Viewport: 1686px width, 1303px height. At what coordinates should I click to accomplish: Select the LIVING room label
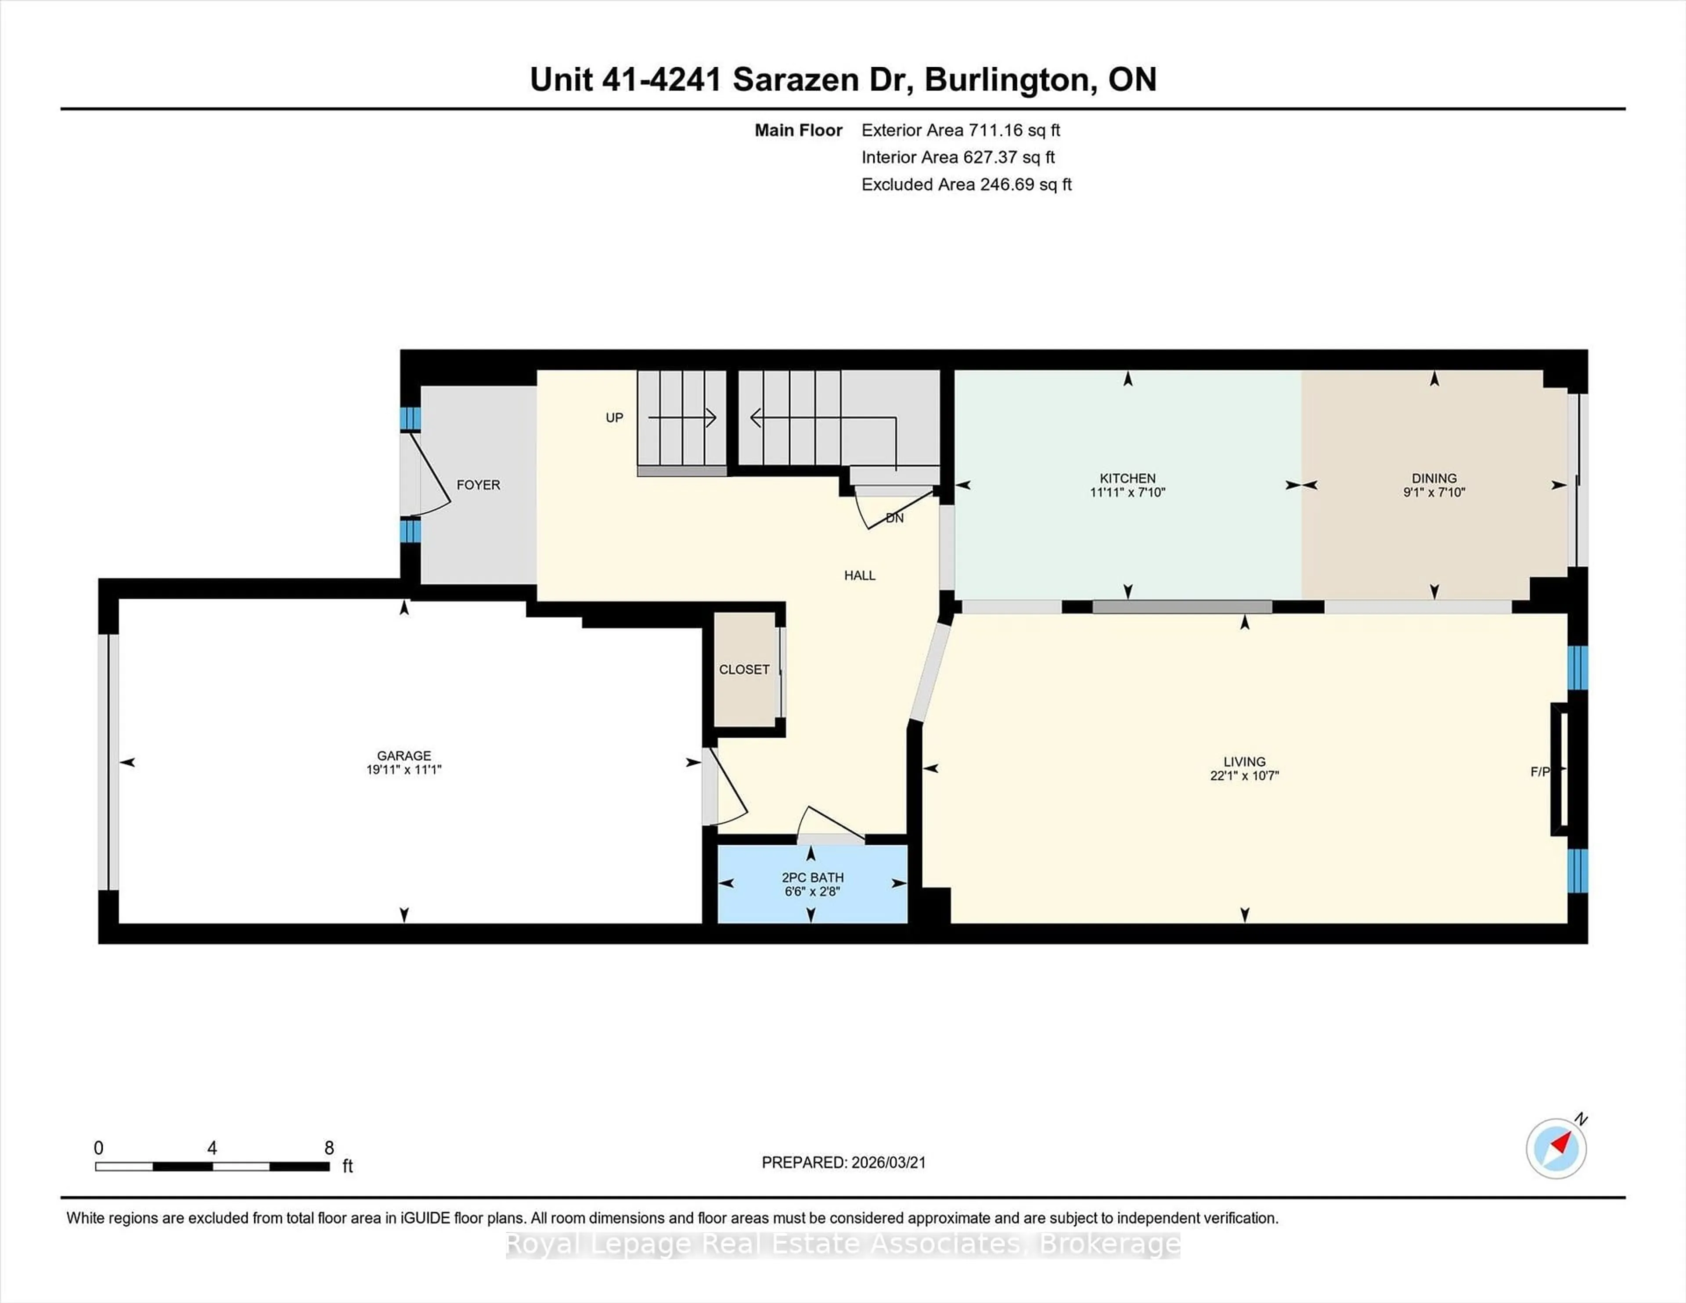tap(1244, 761)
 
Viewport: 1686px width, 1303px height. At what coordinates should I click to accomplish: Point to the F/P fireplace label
tap(1539, 771)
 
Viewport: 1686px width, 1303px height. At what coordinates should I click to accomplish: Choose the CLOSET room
tap(744, 669)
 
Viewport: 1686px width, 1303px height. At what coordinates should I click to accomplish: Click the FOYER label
tap(478, 485)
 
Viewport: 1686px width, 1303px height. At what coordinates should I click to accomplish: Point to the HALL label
tap(859, 575)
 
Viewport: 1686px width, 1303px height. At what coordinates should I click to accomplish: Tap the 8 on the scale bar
tap(329, 1148)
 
